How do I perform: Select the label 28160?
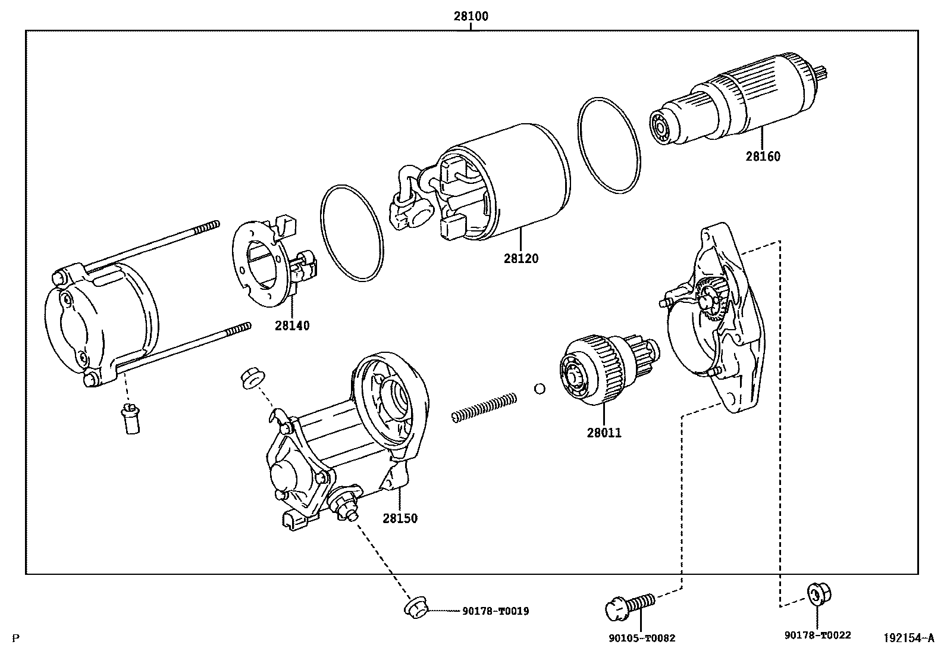pos(763,157)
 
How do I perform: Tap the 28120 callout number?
pos(521,258)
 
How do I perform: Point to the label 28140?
pos(292,326)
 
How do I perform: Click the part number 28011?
pos(604,433)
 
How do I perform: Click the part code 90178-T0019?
pos(496,611)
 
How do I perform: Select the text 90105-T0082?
pos(642,639)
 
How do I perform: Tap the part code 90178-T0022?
pos(817,635)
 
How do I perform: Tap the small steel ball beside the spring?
pos(540,389)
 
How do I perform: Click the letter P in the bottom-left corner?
pos(15,639)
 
